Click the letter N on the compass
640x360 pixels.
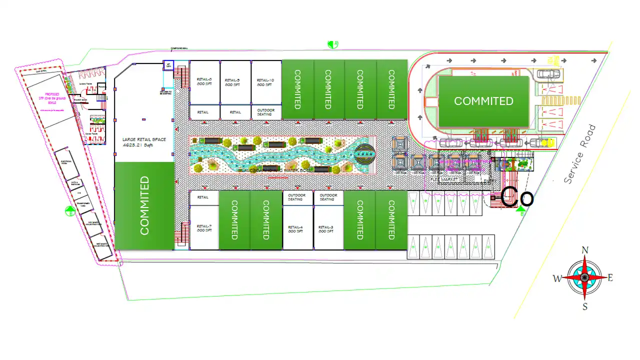click(x=585, y=250)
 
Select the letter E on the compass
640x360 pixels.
click(x=610, y=278)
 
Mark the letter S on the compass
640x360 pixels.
click(x=584, y=306)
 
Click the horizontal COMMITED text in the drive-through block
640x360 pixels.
click(x=483, y=101)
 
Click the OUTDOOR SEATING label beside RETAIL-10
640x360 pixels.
click(x=265, y=112)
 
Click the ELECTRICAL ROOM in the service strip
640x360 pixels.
click(x=66, y=163)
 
